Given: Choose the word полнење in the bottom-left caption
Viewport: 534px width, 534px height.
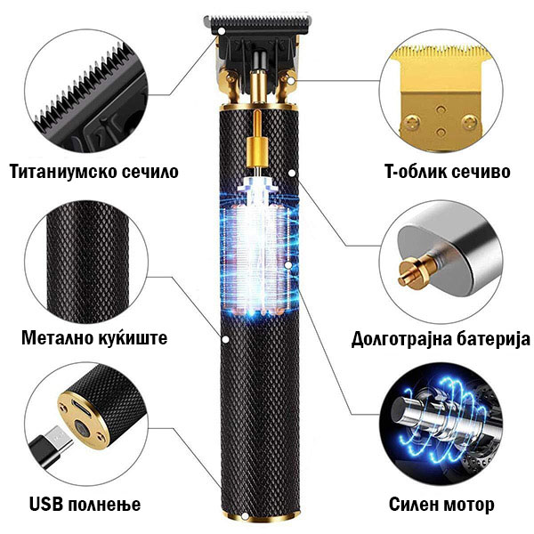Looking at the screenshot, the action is point(104,505).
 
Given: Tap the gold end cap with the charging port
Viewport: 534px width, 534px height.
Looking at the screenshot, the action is point(85,420).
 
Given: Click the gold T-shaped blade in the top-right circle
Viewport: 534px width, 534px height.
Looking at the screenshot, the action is point(442,99).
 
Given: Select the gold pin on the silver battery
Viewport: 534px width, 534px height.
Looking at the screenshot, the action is point(417,270).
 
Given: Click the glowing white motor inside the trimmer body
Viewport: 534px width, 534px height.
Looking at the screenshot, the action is point(258,246).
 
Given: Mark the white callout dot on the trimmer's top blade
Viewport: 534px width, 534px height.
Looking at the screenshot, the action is point(222,31).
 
